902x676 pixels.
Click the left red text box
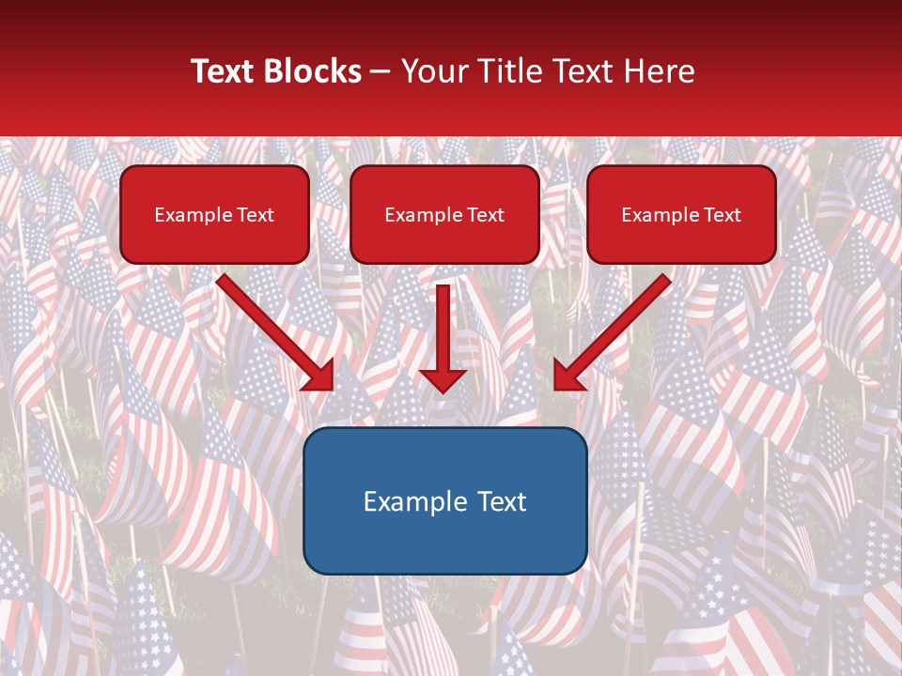[214, 214]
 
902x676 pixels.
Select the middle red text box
[444, 214]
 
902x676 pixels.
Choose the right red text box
[681, 214]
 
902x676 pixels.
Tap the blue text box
[445, 500]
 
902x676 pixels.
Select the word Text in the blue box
[501, 501]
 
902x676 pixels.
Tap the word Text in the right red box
[722, 215]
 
